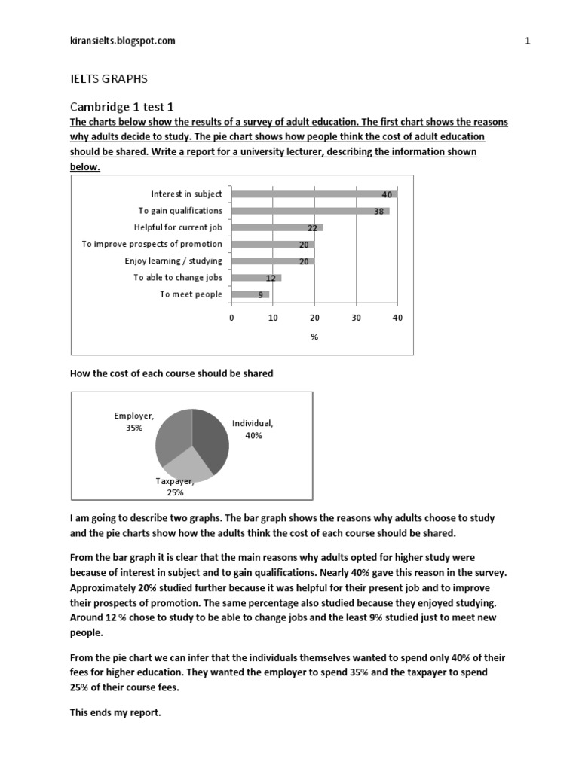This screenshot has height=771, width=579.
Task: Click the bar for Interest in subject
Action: tap(314, 194)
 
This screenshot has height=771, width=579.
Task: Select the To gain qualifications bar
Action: tap(310, 211)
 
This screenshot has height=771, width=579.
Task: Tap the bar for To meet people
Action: tap(250, 294)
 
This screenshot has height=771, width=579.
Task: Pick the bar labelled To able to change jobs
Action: tap(256, 278)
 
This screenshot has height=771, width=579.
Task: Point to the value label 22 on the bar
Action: tap(312, 227)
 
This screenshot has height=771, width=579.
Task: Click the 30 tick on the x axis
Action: tap(356, 318)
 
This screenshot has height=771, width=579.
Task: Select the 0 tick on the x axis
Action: tap(231, 318)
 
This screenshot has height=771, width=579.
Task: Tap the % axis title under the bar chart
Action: tap(314, 337)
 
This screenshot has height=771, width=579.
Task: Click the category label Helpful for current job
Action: tap(178, 227)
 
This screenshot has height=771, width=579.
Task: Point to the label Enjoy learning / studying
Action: tap(173, 261)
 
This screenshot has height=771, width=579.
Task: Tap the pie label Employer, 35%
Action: tap(134, 421)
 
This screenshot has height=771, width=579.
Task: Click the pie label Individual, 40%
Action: tap(253, 429)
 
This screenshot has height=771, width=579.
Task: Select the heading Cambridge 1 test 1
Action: tap(123, 107)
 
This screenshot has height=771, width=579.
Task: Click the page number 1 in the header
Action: tap(528, 41)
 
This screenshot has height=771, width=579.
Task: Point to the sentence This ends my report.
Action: tap(115, 713)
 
